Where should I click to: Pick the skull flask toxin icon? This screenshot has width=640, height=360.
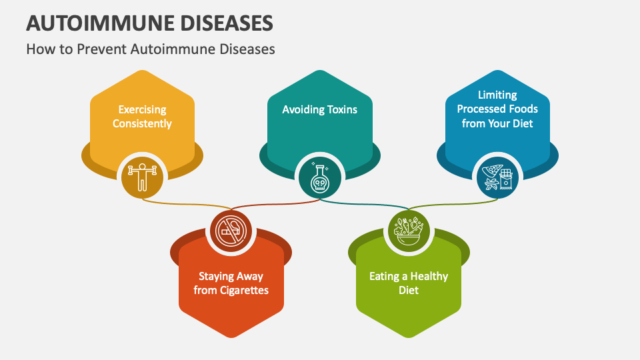318,176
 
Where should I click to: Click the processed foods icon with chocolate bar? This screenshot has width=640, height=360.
497,176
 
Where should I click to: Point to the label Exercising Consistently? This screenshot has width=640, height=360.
142,117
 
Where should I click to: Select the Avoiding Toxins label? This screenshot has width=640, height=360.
319,109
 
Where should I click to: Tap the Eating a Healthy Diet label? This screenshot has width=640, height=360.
409,283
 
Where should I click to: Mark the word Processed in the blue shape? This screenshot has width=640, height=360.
482,109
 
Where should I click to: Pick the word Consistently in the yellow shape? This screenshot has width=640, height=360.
142,124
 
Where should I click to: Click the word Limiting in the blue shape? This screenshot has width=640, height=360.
497,95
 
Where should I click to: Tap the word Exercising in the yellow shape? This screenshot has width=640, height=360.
142,109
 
